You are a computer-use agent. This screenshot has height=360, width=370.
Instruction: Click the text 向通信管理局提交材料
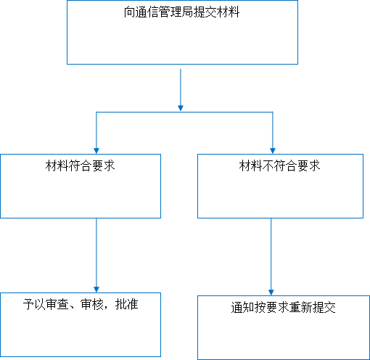[x=181, y=12]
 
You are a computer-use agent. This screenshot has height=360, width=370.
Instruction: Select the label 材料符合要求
[x=80, y=165]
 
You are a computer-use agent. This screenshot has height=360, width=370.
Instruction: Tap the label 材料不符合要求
[x=279, y=165]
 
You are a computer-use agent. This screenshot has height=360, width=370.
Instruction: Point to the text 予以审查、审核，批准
[x=81, y=304]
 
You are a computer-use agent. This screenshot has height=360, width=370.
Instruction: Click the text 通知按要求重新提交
[x=283, y=308]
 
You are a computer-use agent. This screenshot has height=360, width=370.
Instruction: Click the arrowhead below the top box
[x=181, y=108]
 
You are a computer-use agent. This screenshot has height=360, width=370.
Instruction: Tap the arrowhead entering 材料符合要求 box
[x=96, y=151]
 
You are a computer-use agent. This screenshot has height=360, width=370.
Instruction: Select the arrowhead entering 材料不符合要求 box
[x=273, y=151]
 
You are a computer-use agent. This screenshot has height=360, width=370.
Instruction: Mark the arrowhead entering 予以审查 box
[x=96, y=290]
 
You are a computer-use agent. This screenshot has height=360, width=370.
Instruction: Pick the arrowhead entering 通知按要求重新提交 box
[x=271, y=292]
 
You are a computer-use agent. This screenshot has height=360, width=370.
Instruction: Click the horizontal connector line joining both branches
[x=184, y=112]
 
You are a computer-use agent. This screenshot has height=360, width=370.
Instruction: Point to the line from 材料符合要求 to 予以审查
[x=96, y=255]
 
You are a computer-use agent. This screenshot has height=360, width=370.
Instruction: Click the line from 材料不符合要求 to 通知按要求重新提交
[x=271, y=257]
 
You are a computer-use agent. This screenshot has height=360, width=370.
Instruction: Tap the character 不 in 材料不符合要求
[x=268, y=165]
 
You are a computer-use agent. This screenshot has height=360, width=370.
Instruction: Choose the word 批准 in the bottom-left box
[x=127, y=304]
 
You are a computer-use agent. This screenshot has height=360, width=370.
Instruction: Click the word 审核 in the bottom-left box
[x=92, y=304]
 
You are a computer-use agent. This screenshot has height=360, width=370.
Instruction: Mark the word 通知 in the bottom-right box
[x=242, y=308]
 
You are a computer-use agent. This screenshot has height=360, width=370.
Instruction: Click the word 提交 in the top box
[x=205, y=12]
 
